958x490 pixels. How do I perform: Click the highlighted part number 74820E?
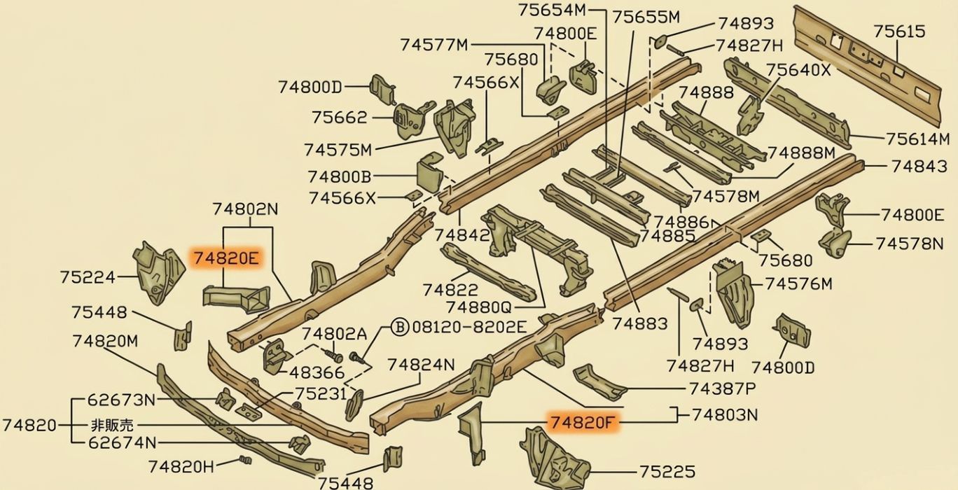click(226, 258)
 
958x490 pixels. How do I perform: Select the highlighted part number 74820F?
click(583, 422)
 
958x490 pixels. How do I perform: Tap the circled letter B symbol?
click(400, 327)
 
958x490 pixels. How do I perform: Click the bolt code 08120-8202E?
click(469, 327)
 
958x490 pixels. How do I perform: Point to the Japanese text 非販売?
click(112, 425)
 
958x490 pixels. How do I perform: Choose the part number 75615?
click(899, 31)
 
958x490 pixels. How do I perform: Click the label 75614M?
click(917, 139)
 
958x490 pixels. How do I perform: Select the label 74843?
click(919, 166)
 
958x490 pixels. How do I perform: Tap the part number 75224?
click(88, 277)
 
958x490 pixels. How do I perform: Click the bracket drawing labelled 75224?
click(158, 272)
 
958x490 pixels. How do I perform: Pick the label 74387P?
click(722, 388)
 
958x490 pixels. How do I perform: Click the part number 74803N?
click(725, 414)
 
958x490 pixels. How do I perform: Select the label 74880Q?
click(478, 307)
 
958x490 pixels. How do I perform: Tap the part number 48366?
click(317, 373)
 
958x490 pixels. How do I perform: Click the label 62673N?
click(121, 400)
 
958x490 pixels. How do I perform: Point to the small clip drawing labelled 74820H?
click(245, 460)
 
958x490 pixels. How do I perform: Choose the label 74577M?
click(434, 45)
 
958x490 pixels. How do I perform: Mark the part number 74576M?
click(798, 284)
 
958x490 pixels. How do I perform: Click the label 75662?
click(340, 117)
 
